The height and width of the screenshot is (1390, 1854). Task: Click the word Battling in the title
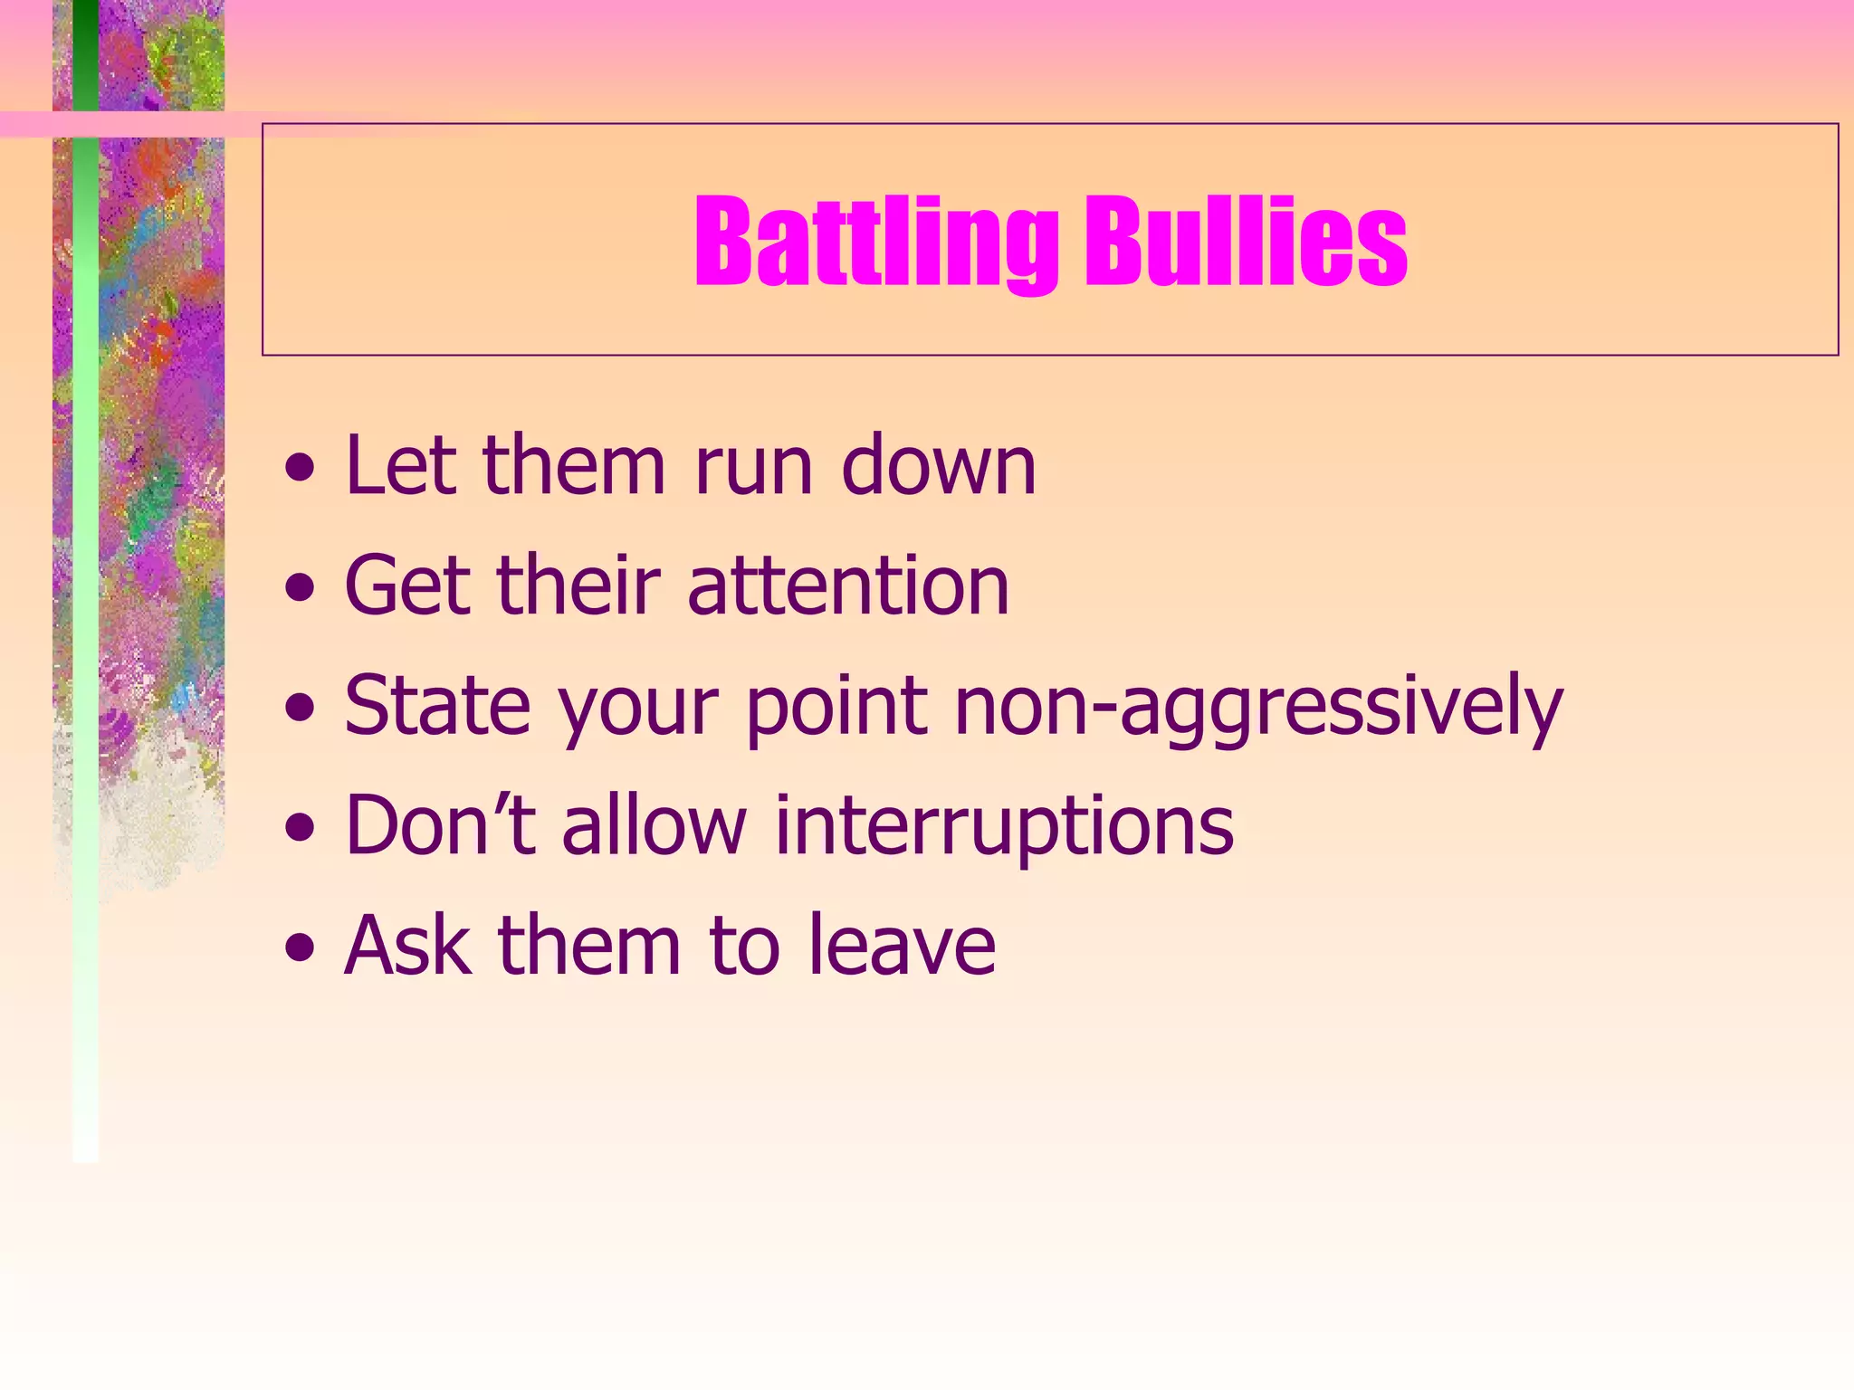click(875, 243)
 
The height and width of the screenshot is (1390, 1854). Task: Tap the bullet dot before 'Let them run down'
click(300, 470)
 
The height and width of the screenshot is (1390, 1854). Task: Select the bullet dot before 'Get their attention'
click(300, 590)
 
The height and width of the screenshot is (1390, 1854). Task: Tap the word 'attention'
click(848, 586)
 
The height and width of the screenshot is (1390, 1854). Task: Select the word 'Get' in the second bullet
click(406, 586)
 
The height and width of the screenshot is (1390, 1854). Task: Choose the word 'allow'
click(654, 824)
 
